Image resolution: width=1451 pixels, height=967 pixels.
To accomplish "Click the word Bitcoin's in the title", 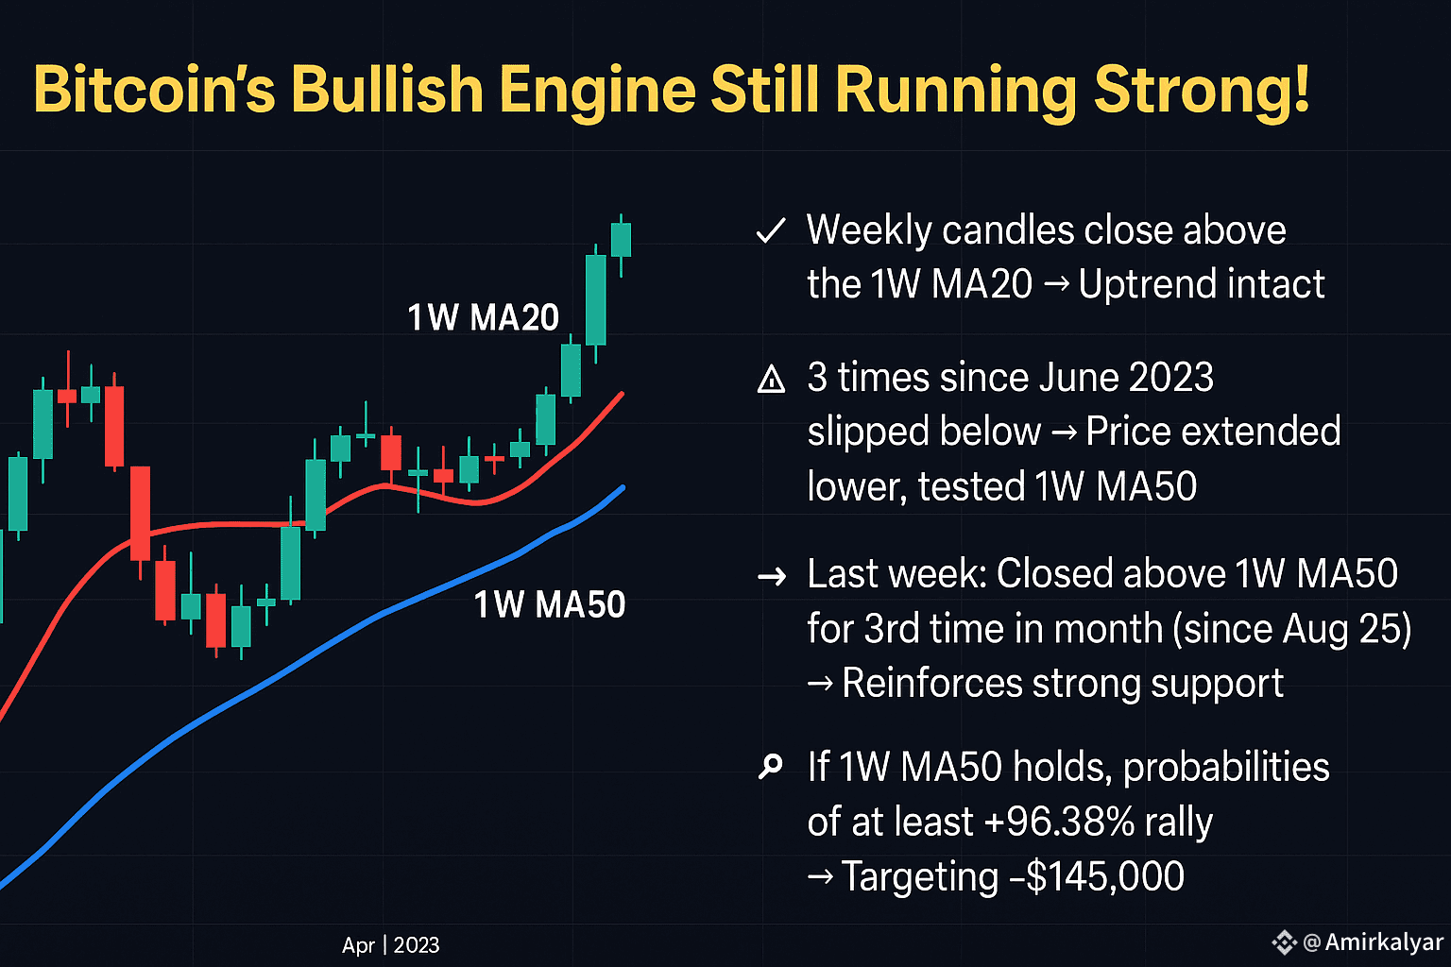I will [154, 90].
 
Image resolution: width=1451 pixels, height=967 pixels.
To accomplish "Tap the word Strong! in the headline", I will [1202, 90].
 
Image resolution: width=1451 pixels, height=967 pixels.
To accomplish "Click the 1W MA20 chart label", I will [483, 317].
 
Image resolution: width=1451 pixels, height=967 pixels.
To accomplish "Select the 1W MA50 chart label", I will [549, 604].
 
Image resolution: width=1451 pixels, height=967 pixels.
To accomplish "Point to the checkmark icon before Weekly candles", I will [772, 230].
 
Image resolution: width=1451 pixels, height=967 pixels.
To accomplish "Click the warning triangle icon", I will [772, 380].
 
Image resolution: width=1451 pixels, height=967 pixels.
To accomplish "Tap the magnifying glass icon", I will [771, 767].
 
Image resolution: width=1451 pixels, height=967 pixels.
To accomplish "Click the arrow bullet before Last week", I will [772, 575].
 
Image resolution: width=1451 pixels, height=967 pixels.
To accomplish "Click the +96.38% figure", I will [1058, 822].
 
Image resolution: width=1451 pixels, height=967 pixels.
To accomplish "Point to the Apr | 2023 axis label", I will [390, 945].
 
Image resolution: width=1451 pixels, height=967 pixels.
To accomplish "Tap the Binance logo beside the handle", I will [1284, 942].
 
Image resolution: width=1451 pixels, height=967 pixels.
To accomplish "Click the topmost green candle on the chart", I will [621, 240].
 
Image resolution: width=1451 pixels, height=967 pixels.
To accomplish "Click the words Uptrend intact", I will [1202, 284].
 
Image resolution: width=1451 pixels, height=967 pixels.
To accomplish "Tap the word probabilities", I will [1225, 767].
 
